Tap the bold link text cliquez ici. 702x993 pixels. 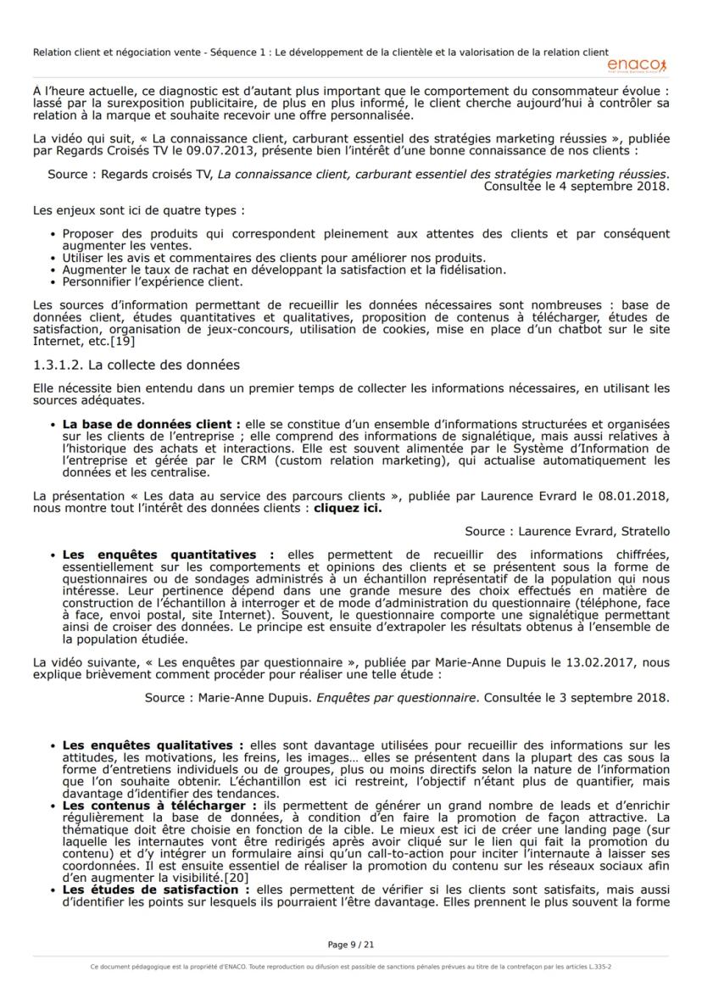click(348, 510)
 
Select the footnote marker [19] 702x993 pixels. click(121, 342)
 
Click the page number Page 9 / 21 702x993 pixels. click(350, 944)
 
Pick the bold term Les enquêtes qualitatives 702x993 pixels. click(153, 745)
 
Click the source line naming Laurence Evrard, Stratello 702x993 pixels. click(566, 532)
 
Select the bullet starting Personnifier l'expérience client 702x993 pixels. click(153, 282)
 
